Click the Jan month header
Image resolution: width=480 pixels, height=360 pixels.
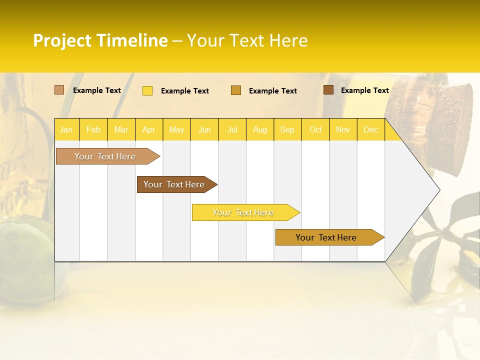pos(66,129)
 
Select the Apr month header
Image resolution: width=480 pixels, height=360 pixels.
pos(149,129)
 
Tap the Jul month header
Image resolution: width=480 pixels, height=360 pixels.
pos(232,129)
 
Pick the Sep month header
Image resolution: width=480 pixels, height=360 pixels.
pos(287,129)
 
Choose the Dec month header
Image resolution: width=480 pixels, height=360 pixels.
pos(370,129)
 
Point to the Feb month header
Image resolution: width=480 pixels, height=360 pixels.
pos(93,129)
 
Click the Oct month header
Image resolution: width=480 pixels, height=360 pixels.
pos(315,129)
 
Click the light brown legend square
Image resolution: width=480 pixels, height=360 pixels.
pos(59,90)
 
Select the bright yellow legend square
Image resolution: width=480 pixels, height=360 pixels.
pos(147,90)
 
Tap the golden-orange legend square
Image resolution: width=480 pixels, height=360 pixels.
pos(236,90)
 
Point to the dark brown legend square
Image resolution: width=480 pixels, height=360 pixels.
pos(328,90)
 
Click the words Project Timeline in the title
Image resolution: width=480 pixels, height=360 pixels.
pos(100,40)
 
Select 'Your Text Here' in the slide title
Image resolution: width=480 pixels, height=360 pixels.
pos(247,40)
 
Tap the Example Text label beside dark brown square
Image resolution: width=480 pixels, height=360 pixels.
pos(364,90)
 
